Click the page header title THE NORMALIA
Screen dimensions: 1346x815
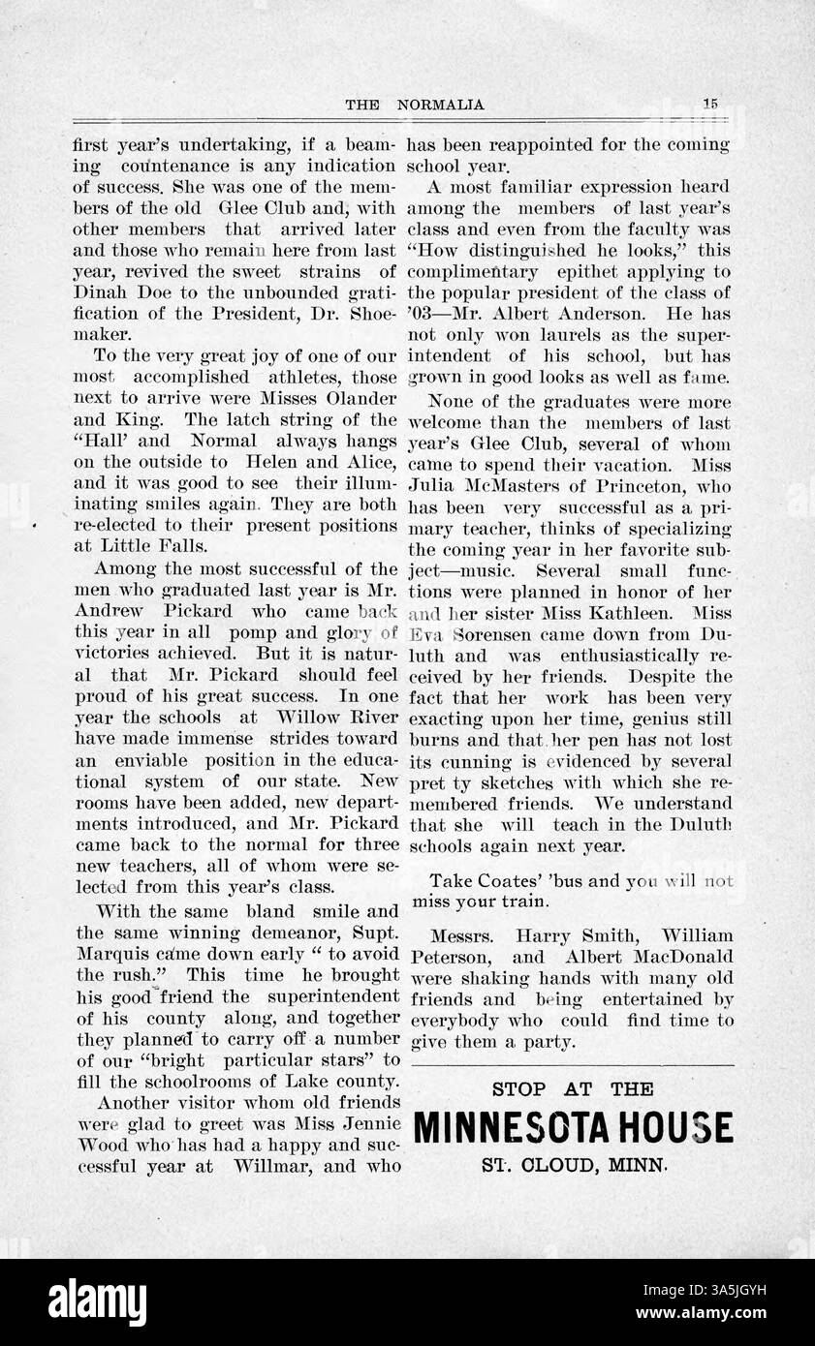coord(415,105)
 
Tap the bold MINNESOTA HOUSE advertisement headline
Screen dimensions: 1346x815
coord(573,1128)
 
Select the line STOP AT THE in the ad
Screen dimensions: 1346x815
coord(573,1088)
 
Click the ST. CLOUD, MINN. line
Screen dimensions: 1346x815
coord(574,1165)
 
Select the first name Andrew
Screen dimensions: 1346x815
coord(107,612)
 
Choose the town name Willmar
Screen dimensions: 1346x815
coord(272,1167)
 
